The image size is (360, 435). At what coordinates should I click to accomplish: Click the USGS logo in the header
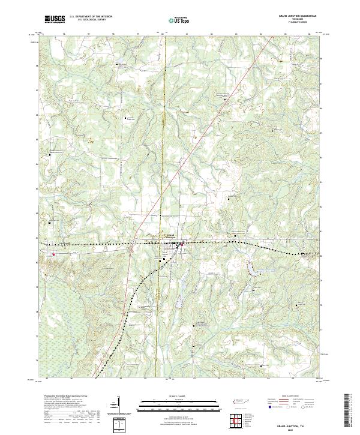(55, 19)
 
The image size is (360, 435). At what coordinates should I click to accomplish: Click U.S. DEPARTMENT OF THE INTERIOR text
(91, 16)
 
